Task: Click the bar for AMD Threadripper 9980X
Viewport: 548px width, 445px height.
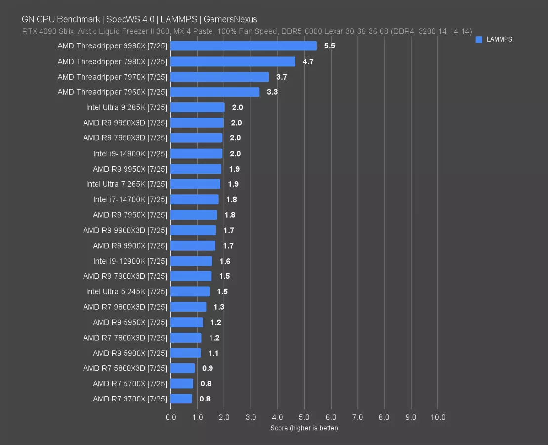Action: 244,46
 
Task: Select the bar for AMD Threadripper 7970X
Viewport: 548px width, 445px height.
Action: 220,77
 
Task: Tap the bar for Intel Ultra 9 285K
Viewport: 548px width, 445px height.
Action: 198,107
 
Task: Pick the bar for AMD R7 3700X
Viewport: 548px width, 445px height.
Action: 181,399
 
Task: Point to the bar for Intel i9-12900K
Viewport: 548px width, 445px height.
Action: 192,261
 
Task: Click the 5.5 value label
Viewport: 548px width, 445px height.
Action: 329,46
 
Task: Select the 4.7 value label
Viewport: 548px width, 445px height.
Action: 308,62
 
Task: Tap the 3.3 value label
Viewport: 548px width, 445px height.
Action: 272,92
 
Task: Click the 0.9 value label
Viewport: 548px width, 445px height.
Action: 208,368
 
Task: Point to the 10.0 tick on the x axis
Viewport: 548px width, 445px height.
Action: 438,417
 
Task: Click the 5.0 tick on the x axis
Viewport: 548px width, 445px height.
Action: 304,417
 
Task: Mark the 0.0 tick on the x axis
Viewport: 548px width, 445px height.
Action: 171,417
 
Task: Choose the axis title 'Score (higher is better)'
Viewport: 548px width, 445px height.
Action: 304,428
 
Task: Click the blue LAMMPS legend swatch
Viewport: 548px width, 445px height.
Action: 479,40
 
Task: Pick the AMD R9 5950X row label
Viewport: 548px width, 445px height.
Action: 130,322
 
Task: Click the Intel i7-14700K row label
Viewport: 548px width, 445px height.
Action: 130,199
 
